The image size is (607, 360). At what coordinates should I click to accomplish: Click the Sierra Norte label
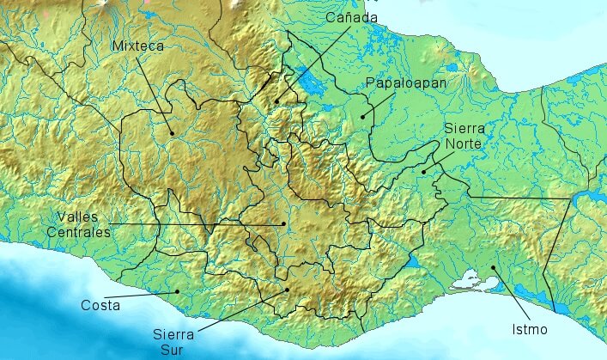click(x=464, y=136)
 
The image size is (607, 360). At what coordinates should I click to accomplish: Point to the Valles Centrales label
click(x=83, y=223)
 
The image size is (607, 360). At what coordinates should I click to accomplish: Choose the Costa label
click(x=100, y=305)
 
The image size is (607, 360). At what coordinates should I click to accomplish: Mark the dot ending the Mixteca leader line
click(x=172, y=132)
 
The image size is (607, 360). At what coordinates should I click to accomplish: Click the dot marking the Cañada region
click(x=276, y=101)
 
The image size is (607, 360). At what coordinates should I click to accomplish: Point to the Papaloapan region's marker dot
click(x=362, y=116)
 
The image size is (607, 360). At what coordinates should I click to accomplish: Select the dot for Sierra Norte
click(x=423, y=172)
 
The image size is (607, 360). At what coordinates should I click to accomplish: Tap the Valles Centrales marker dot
click(x=283, y=224)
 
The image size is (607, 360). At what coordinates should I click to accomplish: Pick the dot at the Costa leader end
click(x=178, y=291)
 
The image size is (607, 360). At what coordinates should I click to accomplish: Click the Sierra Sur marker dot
click(x=288, y=290)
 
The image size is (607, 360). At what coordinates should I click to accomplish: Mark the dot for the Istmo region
click(x=494, y=269)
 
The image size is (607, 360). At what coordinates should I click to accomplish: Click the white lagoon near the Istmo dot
click(x=470, y=278)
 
